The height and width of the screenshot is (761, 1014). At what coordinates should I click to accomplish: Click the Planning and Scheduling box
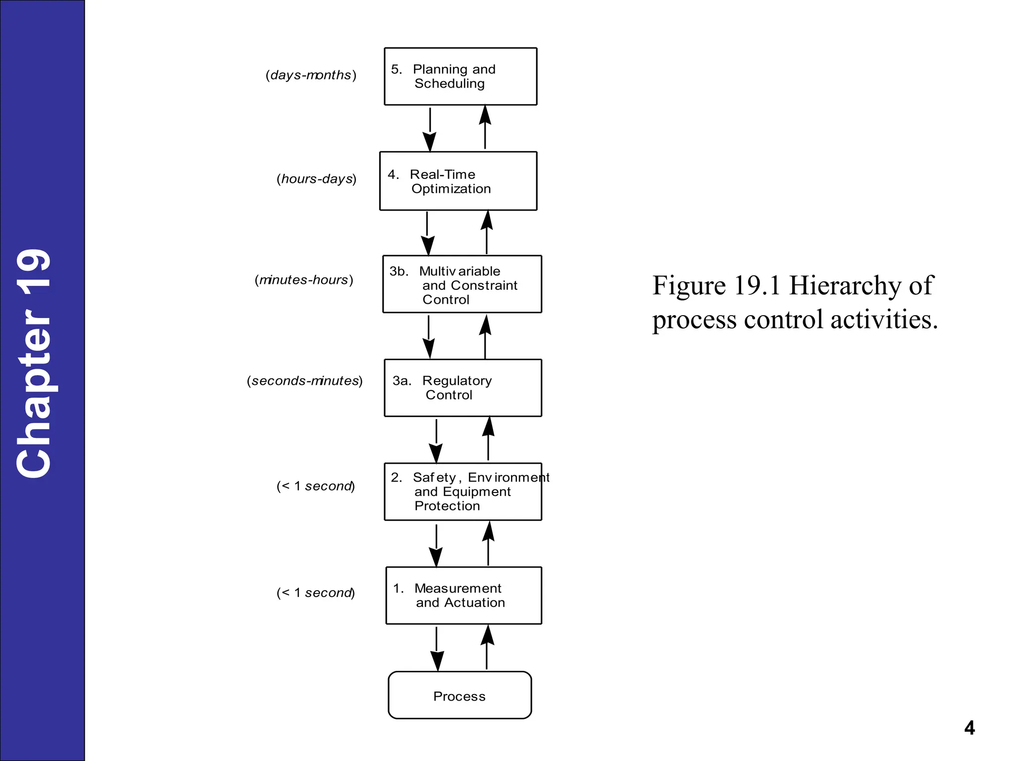click(x=460, y=76)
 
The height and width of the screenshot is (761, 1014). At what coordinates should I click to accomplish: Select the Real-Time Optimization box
click(x=458, y=181)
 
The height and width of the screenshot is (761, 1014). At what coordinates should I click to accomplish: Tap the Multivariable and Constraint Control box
click(x=462, y=284)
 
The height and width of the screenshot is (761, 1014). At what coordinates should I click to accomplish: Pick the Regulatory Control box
click(x=463, y=388)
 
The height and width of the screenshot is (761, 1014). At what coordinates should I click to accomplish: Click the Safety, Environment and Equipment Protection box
click(x=463, y=491)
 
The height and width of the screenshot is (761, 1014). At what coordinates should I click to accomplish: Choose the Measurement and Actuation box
click(x=463, y=595)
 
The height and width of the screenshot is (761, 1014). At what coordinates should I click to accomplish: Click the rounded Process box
click(x=459, y=695)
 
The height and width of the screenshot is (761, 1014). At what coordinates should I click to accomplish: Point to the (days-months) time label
click(x=311, y=75)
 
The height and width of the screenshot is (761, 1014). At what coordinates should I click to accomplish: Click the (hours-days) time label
click(x=316, y=178)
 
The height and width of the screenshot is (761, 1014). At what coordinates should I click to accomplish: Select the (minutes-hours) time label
click(x=304, y=280)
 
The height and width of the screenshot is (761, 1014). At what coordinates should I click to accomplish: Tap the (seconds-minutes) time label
click(x=305, y=380)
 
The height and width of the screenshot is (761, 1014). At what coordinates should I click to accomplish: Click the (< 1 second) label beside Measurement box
click(x=316, y=593)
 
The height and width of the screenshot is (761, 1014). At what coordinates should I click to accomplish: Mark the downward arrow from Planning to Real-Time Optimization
click(x=430, y=129)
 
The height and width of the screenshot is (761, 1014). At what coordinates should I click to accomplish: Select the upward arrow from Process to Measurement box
click(x=487, y=648)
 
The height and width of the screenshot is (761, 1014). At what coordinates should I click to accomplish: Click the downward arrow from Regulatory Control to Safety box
click(x=436, y=440)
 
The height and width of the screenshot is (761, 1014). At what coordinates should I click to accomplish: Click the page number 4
click(x=969, y=727)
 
